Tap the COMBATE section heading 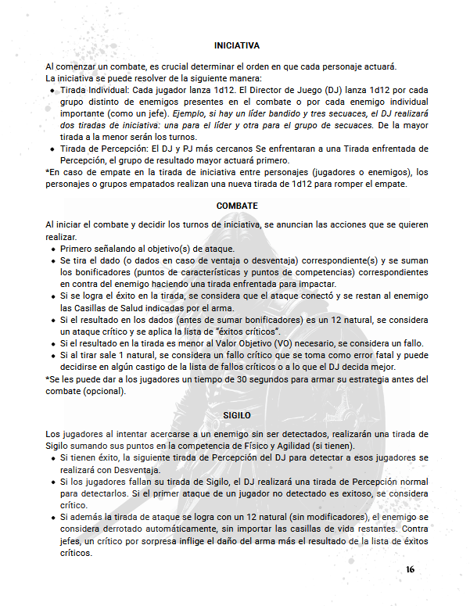(236, 206)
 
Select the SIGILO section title (236, 414)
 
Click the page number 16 (410, 568)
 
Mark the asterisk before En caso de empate (48, 173)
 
